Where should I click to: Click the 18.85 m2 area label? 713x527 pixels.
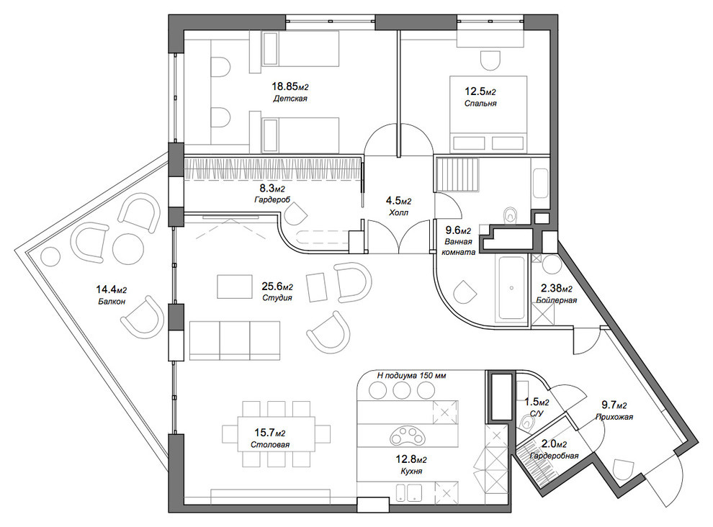point(290,86)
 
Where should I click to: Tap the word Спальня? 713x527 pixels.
point(480,103)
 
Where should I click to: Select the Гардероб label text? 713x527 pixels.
point(272,199)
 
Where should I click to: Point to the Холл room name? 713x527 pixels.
point(399,212)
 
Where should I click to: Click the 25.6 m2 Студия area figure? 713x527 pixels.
point(277,287)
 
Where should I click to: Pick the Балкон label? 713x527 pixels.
point(112,301)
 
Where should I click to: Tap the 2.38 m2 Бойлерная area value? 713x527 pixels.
point(556,288)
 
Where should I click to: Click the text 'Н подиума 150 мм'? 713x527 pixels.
point(411,376)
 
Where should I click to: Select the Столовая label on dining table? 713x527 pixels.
point(270,445)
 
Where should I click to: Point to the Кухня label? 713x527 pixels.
point(411,471)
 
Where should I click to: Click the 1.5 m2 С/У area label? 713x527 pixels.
point(537,402)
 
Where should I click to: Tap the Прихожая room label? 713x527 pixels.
point(614,417)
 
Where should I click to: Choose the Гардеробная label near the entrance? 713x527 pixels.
point(555,456)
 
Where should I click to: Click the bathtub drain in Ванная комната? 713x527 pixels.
point(511,288)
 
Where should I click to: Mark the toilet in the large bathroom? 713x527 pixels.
point(511,215)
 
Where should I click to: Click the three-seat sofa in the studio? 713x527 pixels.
point(235,341)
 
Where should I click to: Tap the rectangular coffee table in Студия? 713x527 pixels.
point(235,287)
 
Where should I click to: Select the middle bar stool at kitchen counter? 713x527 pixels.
point(402,391)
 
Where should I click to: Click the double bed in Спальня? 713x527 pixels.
point(488,114)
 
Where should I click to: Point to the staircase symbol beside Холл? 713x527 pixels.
point(457,174)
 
